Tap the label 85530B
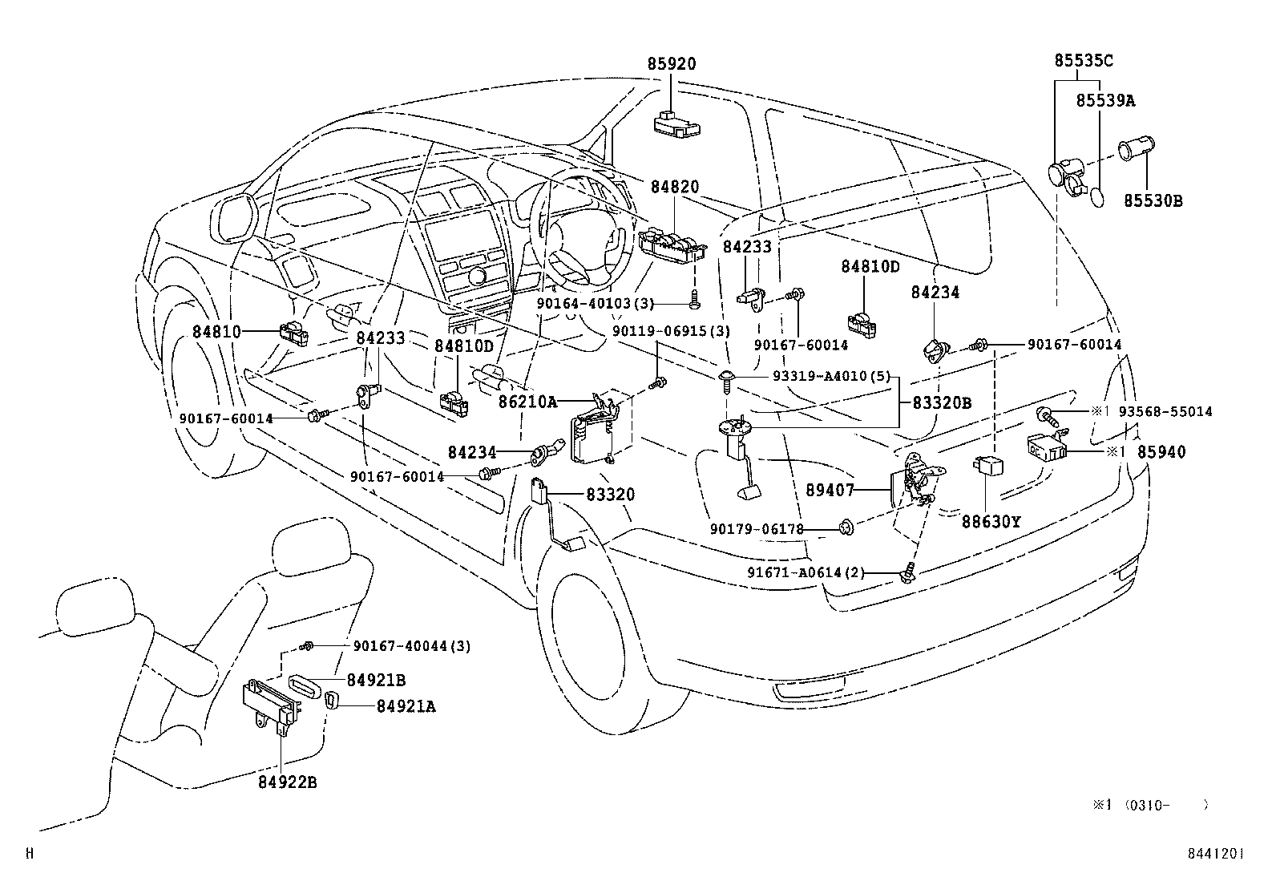point(1152,200)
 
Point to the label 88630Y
point(991,521)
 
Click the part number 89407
point(831,489)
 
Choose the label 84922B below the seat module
point(287,782)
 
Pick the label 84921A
point(406,706)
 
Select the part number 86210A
point(527,402)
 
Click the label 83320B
point(942,403)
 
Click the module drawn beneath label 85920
point(675,122)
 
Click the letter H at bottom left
point(30,855)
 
